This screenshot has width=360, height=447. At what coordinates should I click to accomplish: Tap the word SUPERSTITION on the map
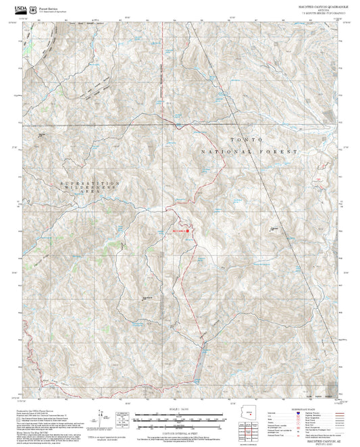[x=90, y=183]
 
